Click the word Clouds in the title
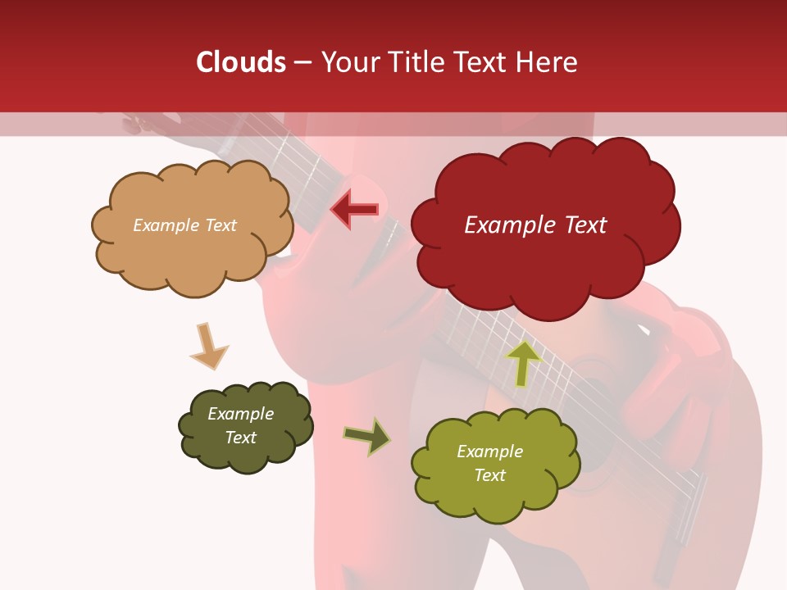241,62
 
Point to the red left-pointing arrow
355,209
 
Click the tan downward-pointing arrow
208,346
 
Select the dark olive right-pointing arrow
367,436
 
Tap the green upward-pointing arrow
523,362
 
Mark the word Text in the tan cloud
220,225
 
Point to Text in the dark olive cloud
241,438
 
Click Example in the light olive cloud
489,452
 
